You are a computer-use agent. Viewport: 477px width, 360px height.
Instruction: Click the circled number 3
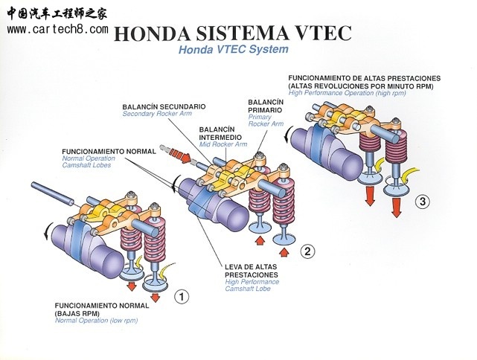pos(422,201)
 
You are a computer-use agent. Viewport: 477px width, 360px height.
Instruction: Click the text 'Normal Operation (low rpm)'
pos(97,321)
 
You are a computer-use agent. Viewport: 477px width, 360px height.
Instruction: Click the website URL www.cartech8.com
pos(57,29)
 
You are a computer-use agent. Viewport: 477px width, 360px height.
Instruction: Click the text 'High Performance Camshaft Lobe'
pos(252,284)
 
